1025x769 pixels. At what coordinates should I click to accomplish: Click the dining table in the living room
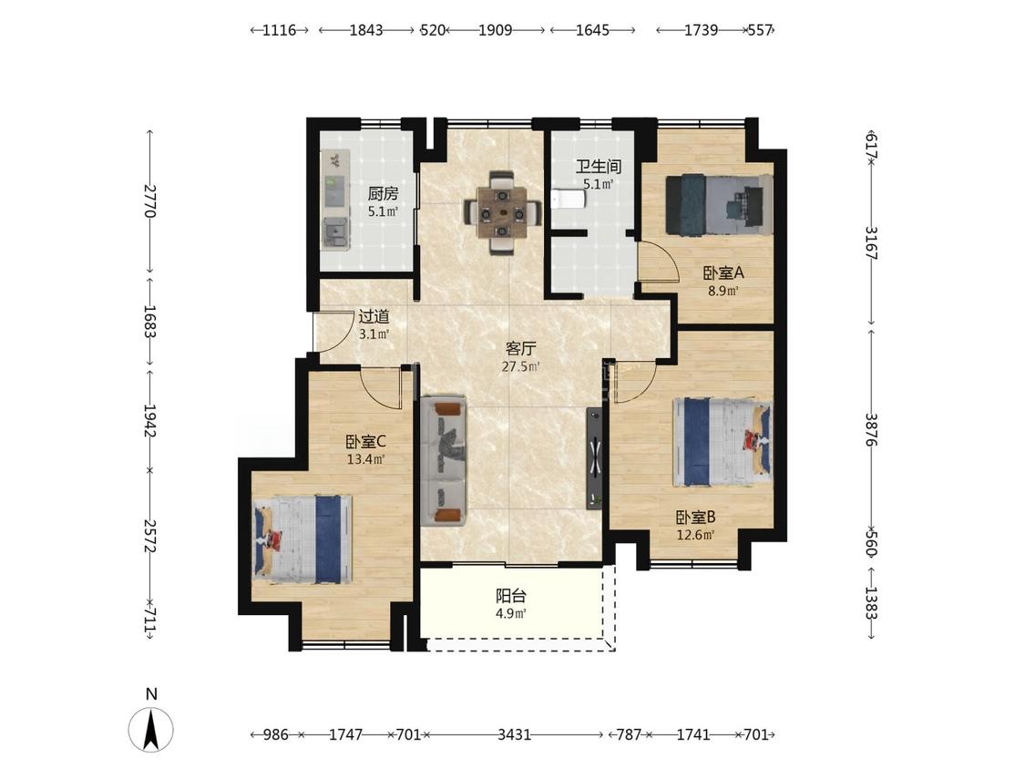click(503, 212)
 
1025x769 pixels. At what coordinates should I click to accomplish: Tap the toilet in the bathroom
click(563, 199)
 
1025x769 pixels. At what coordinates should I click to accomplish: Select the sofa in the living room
click(445, 461)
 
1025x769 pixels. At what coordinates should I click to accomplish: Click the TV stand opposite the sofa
click(595, 457)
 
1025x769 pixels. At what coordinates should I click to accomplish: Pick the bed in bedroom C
click(302, 538)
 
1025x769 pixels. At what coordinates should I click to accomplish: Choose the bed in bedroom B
click(723, 443)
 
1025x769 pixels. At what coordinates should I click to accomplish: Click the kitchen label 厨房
click(383, 193)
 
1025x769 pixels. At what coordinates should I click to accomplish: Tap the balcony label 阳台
click(510, 596)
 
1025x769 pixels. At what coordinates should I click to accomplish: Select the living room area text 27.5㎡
click(521, 367)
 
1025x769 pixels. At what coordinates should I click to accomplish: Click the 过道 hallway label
click(374, 317)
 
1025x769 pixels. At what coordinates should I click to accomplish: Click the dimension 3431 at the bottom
click(514, 735)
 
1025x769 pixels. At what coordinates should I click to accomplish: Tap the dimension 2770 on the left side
click(149, 200)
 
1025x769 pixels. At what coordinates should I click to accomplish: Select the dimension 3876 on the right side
click(871, 429)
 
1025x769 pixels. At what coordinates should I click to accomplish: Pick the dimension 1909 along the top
click(495, 30)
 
